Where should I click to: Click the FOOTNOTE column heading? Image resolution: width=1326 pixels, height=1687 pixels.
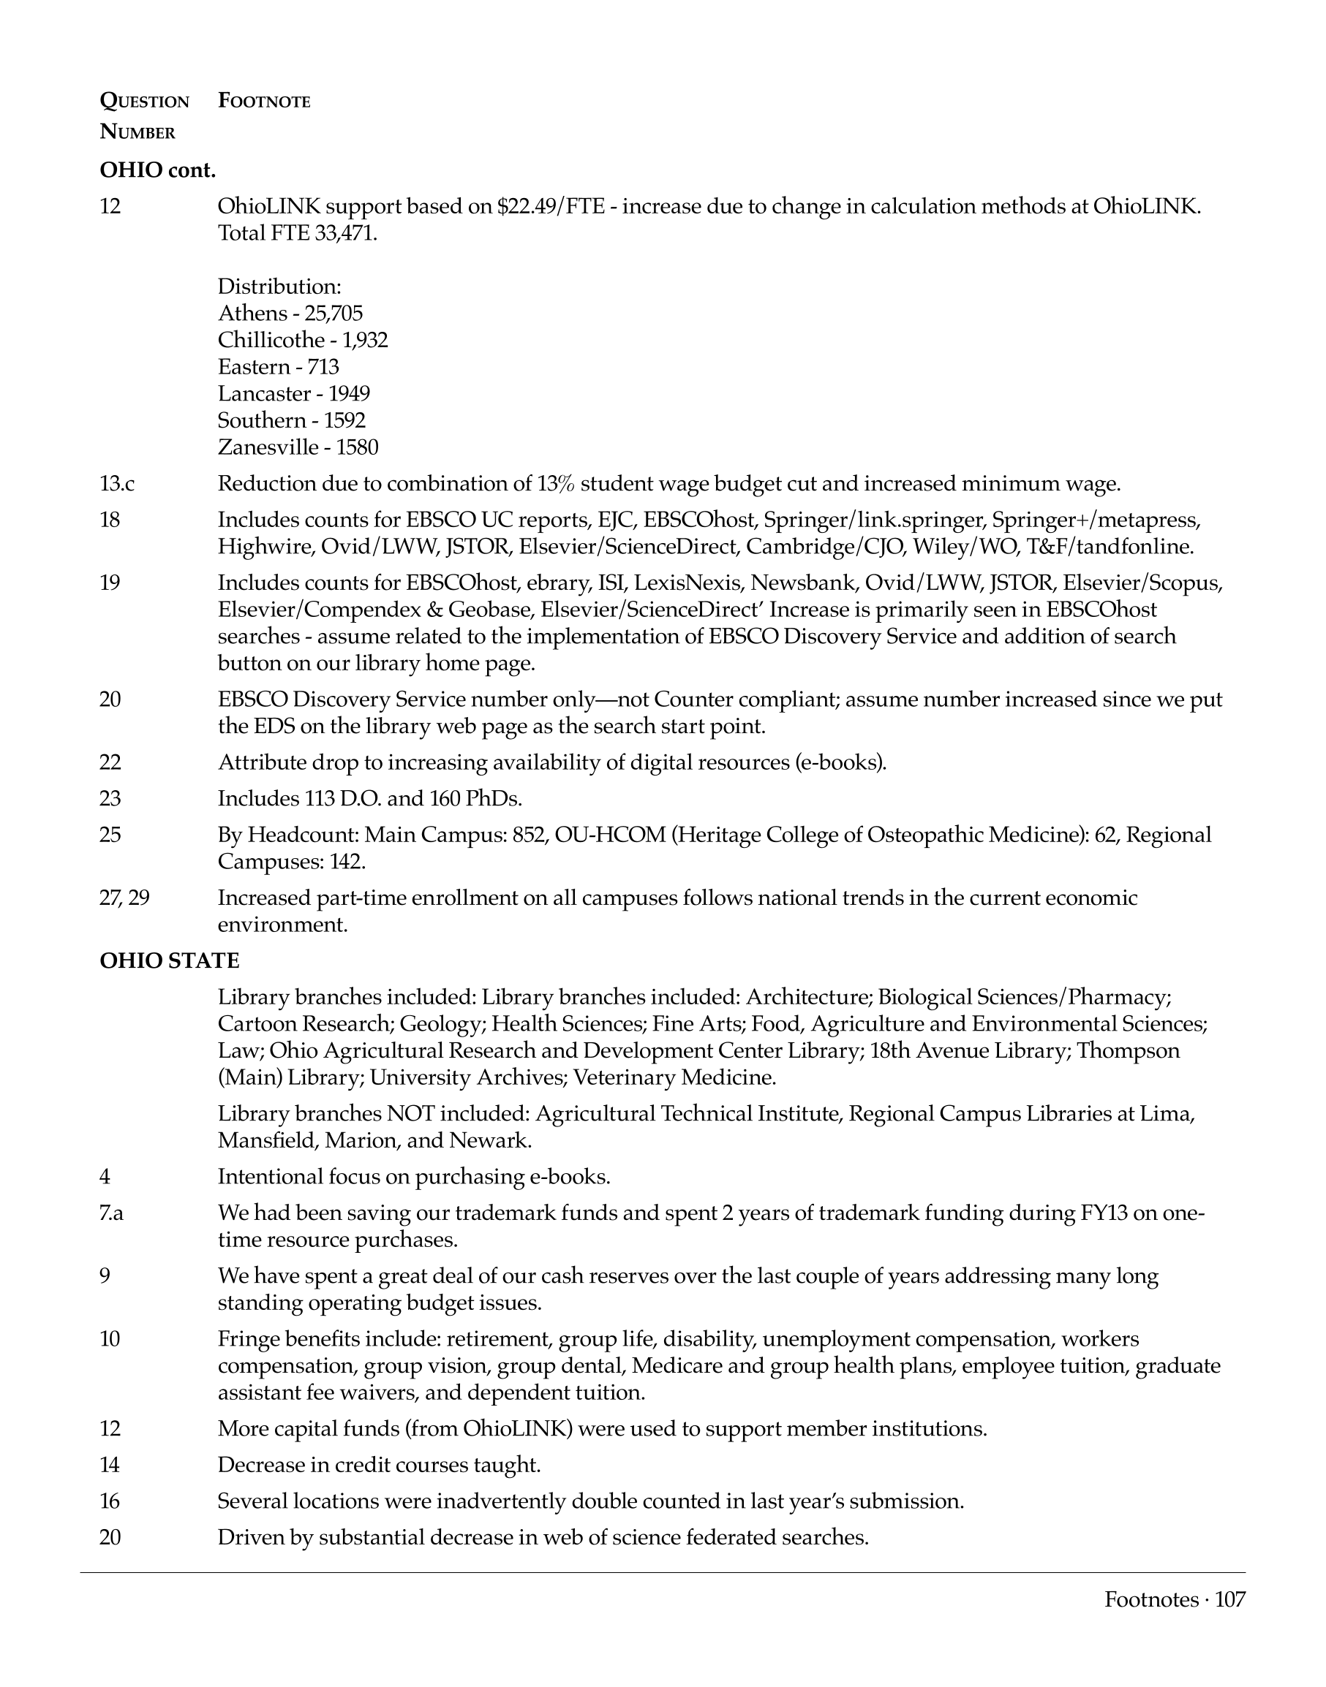pos(264,102)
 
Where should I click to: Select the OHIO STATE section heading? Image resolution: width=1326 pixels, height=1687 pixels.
pos(169,960)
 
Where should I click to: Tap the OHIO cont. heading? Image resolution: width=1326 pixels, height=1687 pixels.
pos(157,171)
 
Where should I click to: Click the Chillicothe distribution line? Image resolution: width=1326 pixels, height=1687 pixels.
pos(303,340)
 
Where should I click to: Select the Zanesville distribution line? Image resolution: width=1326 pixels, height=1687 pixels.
pos(298,447)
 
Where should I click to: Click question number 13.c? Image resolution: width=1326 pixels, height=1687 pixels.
pos(117,484)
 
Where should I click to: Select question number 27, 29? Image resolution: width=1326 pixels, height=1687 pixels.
pos(124,898)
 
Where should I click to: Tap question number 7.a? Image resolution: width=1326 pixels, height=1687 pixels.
pos(112,1213)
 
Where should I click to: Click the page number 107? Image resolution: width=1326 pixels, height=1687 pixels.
pos(1230,1599)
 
